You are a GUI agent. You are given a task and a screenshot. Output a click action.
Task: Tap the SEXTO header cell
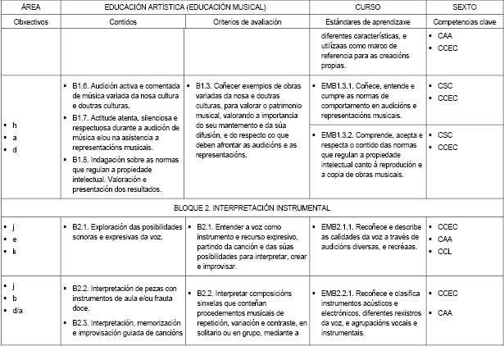pos(465,7)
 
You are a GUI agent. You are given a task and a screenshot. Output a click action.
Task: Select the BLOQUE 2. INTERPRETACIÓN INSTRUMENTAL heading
pos(252,207)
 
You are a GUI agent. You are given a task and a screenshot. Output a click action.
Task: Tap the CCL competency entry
pos(447,252)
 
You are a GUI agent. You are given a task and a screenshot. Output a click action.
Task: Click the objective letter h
pos(16,125)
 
